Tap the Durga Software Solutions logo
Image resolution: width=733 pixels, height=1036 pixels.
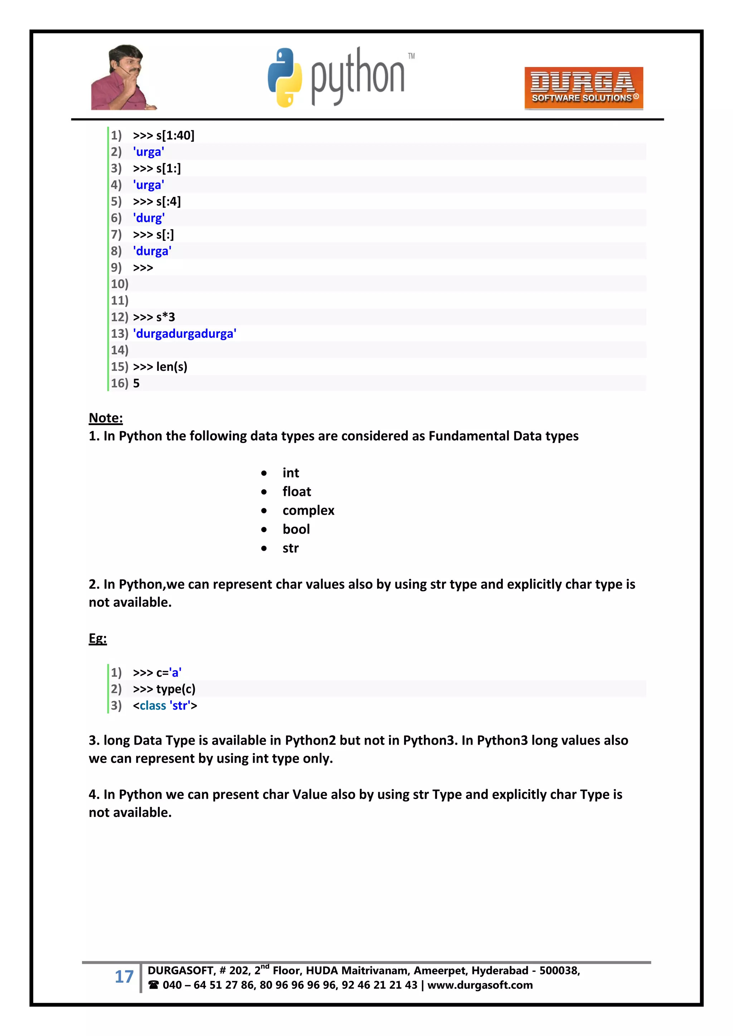point(583,88)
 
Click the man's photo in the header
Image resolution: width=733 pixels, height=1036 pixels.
point(123,78)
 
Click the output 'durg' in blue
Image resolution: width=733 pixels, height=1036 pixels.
point(149,218)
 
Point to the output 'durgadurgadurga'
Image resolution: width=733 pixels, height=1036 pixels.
point(185,334)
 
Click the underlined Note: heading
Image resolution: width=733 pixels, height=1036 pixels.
point(106,418)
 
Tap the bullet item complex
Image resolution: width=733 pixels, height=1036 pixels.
point(308,510)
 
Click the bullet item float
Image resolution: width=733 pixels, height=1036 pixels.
point(297,491)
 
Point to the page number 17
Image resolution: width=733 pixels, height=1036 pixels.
point(124,977)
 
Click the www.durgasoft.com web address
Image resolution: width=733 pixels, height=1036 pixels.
point(480,985)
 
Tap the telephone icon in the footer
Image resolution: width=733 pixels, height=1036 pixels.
point(154,985)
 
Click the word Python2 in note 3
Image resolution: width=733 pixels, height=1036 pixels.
point(310,740)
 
